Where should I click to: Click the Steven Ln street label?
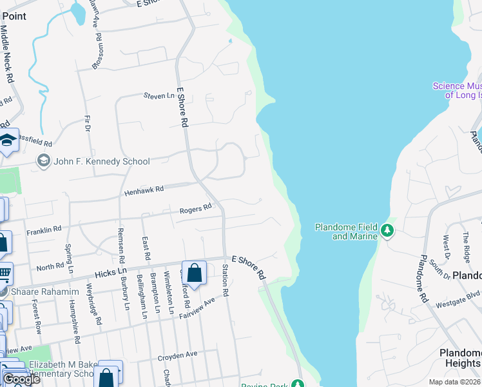[159, 96]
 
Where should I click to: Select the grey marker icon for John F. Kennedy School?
[44, 161]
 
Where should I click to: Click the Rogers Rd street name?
[195, 208]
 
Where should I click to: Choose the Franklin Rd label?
[44, 229]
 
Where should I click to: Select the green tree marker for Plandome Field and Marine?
[387, 230]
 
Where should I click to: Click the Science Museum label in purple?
[457, 90]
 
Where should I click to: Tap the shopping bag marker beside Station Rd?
[194, 273]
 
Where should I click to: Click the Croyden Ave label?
[177, 355]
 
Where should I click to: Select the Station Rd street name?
[226, 281]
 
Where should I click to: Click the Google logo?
[21, 379]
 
